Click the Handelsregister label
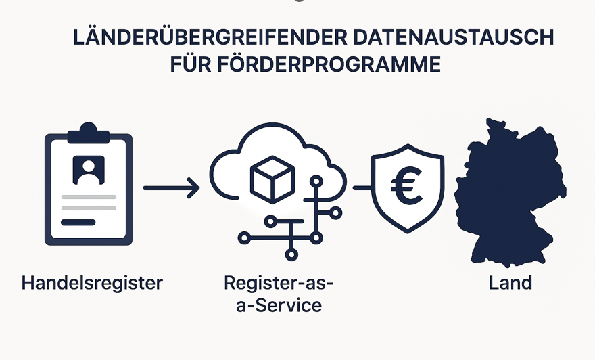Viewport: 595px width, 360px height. tap(92, 282)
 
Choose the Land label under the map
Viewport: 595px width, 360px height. tap(510, 282)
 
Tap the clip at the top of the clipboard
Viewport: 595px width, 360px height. tap(89, 132)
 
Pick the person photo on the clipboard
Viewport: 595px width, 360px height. tap(89, 171)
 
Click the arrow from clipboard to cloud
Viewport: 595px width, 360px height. tap(171, 187)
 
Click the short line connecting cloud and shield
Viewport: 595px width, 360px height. tap(362, 187)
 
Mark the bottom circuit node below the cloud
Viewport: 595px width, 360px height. tap(291, 254)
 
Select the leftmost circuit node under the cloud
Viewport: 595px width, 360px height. tap(245, 238)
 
